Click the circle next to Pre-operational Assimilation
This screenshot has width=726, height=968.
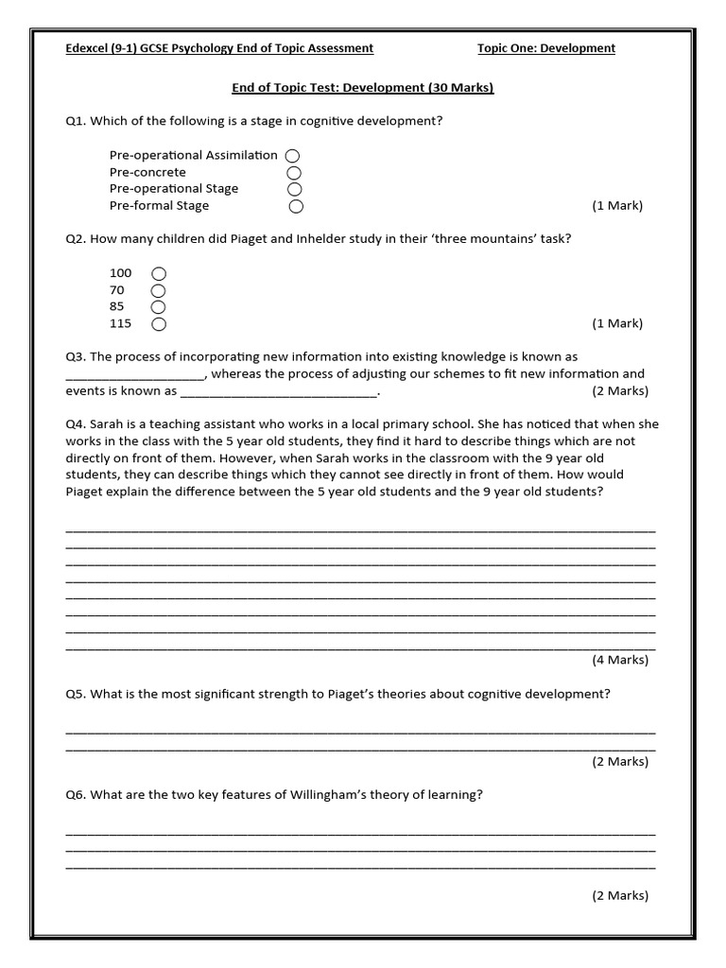coord(293,156)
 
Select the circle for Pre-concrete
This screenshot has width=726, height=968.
coord(294,173)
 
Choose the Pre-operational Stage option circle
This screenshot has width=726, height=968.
coord(295,189)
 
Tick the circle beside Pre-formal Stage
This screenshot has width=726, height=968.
coord(296,206)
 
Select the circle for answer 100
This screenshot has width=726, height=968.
coord(158,274)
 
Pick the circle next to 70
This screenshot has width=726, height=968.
coord(158,290)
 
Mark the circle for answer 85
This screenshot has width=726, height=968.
coord(158,307)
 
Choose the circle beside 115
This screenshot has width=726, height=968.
coord(158,324)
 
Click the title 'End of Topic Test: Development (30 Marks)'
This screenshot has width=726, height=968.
coord(363,88)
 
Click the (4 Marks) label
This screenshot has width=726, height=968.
coord(620,660)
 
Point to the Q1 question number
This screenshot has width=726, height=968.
coord(76,121)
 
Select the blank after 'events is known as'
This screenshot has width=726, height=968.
coord(279,391)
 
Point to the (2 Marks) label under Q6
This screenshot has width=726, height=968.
coord(620,895)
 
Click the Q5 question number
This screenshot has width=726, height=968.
coord(76,694)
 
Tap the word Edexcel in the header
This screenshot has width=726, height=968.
coord(91,48)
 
